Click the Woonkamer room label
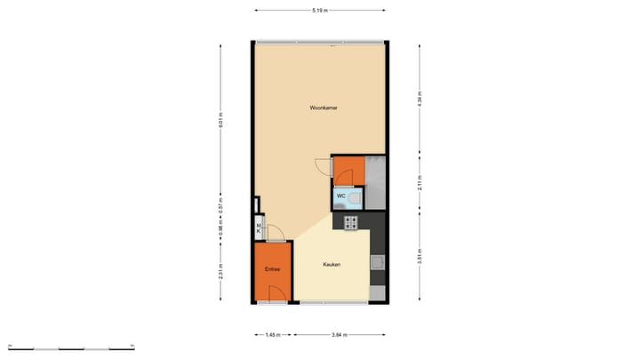click(x=323, y=108)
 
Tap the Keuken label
click(x=332, y=264)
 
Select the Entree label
click(x=272, y=268)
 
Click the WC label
click(x=340, y=196)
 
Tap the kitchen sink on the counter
click(x=378, y=262)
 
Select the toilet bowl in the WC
click(x=355, y=197)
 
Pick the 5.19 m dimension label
click(x=320, y=10)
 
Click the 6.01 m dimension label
click(x=220, y=120)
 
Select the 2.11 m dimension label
click(x=420, y=183)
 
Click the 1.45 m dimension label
click(x=273, y=335)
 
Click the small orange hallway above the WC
click(x=348, y=170)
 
